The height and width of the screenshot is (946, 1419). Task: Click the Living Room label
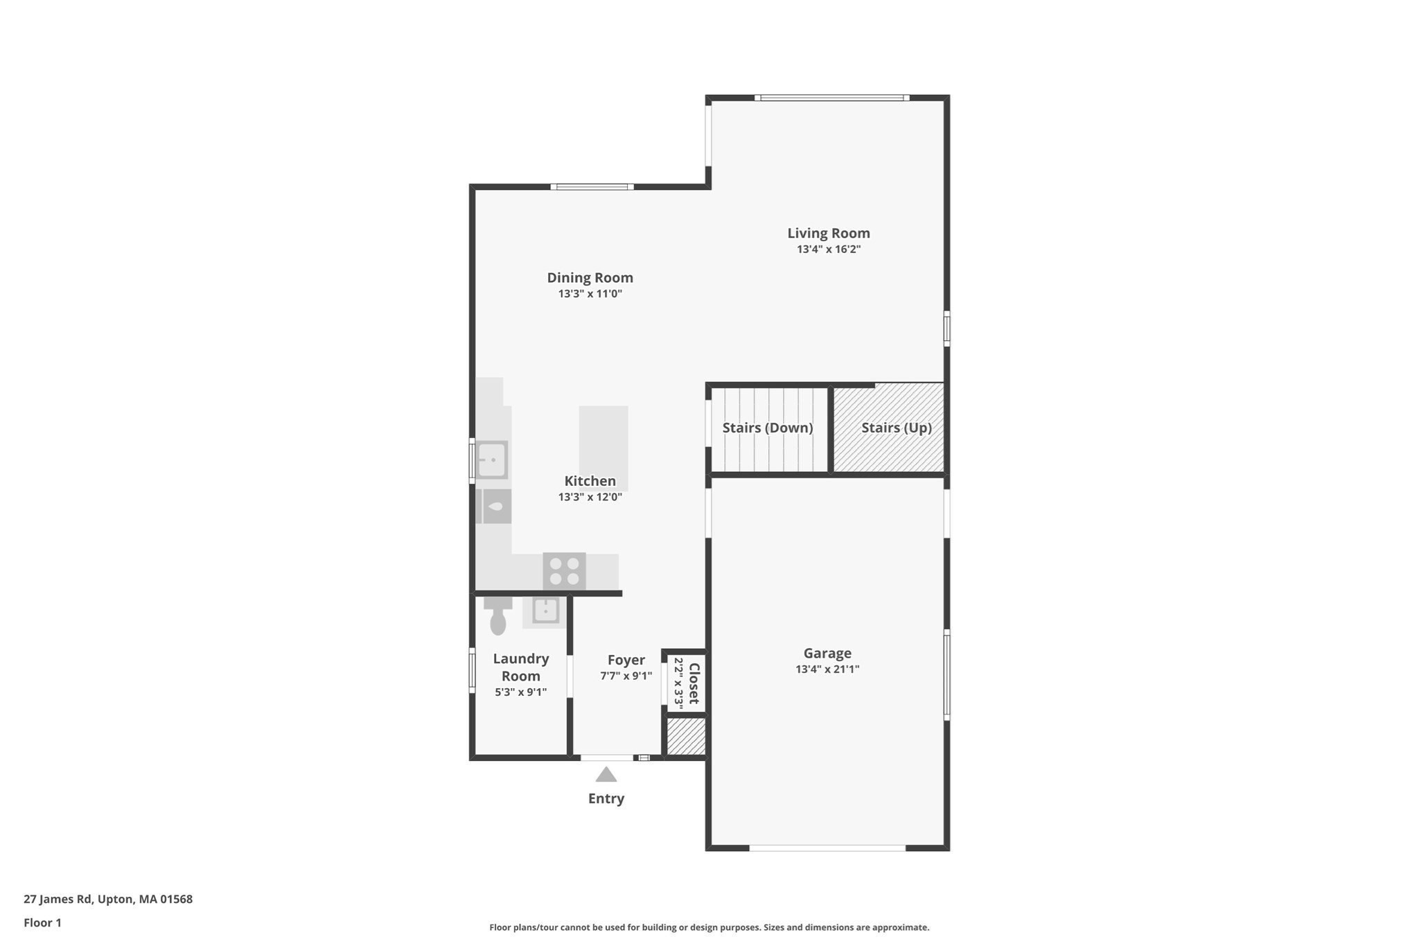click(828, 234)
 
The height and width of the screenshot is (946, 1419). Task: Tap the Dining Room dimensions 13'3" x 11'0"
click(590, 294)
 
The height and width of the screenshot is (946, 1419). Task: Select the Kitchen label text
click(590, 481)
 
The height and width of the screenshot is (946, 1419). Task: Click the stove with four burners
click(564, 571)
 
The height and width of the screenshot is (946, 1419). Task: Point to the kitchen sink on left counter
click(491, 460)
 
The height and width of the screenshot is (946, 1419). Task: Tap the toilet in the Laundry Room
click(497, 616)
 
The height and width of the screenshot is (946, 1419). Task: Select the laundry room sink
click(545, 611)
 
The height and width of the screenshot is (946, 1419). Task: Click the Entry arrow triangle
click(606, 774)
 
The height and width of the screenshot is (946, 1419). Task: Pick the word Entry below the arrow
click(606, 798)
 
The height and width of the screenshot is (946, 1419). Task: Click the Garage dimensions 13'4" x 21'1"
click(827, 669)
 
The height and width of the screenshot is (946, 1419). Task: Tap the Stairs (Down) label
click(767, 428)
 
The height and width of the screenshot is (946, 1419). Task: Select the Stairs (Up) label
click(896, 428)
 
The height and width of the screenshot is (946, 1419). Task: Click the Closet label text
click(694, 683)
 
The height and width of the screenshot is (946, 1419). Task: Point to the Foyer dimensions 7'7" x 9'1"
click(626, 676)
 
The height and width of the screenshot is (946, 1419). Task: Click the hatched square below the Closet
click(686, 736)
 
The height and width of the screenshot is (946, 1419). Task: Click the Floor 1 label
click(42, 922)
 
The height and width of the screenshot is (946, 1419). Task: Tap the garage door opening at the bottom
click(827, 848)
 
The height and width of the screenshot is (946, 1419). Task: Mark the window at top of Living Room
click(831, 98)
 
